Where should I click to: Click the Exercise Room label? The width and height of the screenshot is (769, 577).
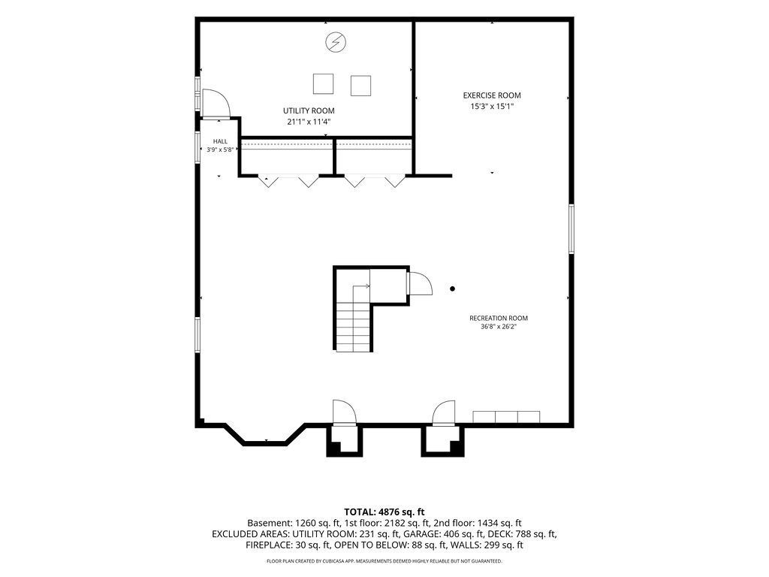click(492, 95)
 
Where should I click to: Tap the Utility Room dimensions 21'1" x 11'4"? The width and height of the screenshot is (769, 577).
click(309, 122)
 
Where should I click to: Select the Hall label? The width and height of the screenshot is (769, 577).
click(220, 141)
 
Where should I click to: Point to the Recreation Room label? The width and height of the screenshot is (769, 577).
click(499, 318)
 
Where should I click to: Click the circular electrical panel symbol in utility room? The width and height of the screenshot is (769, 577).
click(336, 42)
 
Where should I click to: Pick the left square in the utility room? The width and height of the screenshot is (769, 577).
click(323, 83)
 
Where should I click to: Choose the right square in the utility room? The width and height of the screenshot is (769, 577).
click(360, 86)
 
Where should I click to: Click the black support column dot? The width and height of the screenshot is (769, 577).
click(453, 289)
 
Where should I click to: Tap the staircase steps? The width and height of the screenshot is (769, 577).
click(353, 326)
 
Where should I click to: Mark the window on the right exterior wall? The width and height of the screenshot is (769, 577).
click(571, 228)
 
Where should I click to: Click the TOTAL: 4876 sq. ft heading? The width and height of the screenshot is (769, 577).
click(384, 512)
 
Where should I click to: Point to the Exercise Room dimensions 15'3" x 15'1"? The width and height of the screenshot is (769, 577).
click(492, 106)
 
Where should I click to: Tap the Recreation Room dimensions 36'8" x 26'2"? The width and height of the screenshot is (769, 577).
click(499, 326)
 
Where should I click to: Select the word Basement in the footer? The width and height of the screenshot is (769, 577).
click(270, 523)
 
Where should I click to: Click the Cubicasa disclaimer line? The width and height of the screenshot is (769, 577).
click(384, 560)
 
